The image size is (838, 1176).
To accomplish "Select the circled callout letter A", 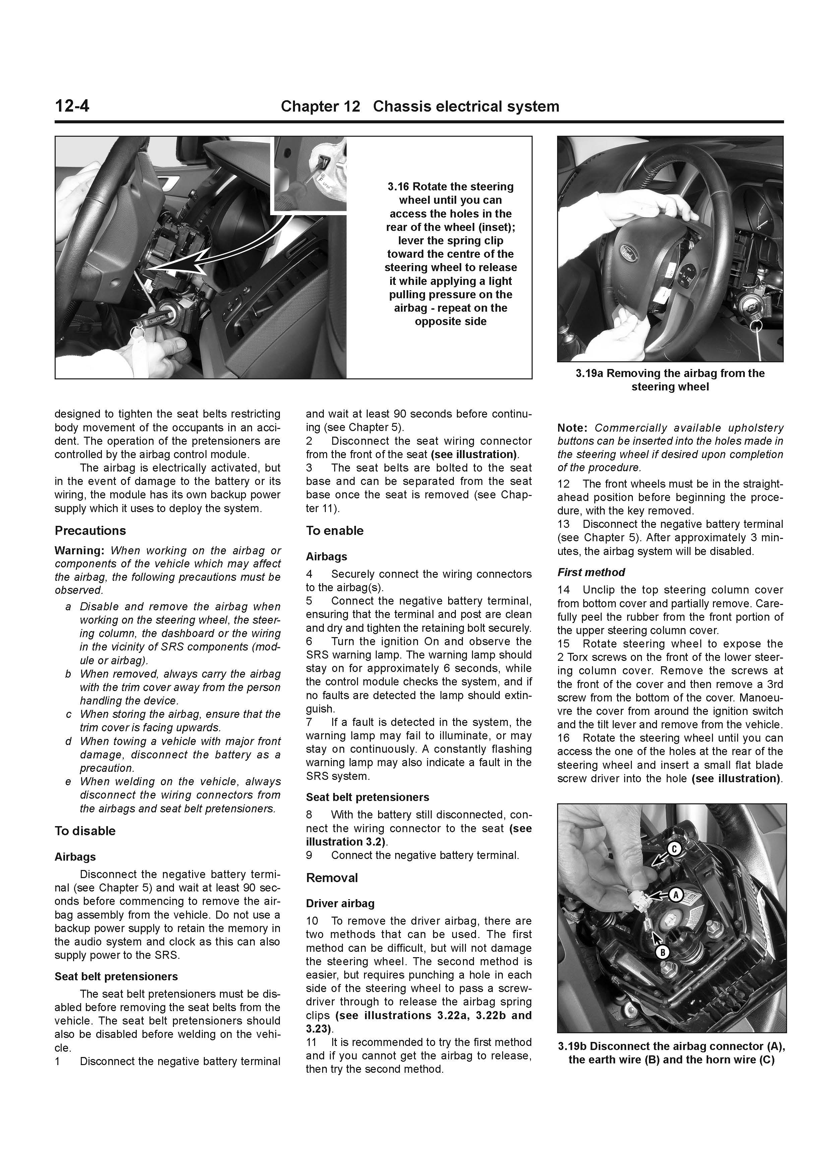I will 675,895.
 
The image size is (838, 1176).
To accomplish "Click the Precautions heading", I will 90,531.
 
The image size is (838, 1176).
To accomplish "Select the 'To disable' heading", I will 85,831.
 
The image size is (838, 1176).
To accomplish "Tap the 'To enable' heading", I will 335,531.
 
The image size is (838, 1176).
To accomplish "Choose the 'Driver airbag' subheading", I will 340,904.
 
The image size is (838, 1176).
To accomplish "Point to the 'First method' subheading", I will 591,572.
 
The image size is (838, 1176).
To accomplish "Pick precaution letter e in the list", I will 68,782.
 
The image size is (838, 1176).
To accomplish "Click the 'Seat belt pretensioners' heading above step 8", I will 367,797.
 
